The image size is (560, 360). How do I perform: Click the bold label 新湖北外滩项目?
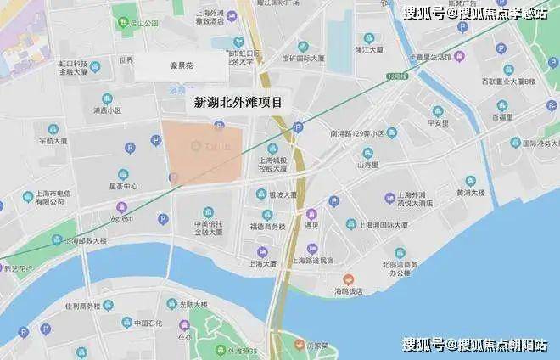(x=238, y=103)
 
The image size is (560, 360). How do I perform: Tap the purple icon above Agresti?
(x=122, y=206)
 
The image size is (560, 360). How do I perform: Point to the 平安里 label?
(x=438, y=122)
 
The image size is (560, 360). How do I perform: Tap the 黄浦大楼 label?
(x=473, y=192)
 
